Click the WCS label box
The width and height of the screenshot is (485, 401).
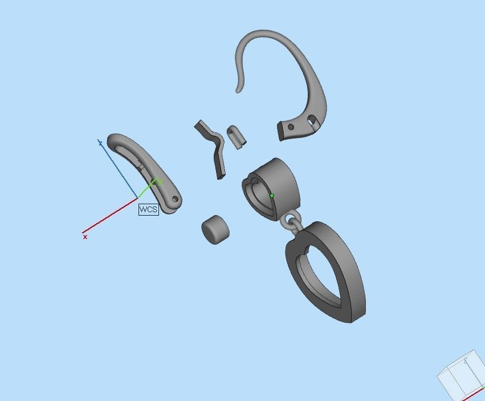click(148, 209)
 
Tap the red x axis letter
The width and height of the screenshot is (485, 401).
click(85, 236)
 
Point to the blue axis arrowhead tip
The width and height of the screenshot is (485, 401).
click(100, 140)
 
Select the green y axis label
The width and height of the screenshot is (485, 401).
click(160, 181)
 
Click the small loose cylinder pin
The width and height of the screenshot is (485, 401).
click(215, 229)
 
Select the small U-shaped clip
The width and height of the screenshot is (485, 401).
click(236, 136)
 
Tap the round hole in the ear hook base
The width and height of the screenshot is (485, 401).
click(291, 127)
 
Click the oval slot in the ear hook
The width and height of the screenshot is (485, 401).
click(312, 120)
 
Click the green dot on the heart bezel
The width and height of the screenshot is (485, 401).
click(272, 196)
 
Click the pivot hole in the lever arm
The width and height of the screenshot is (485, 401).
click(174, 199)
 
